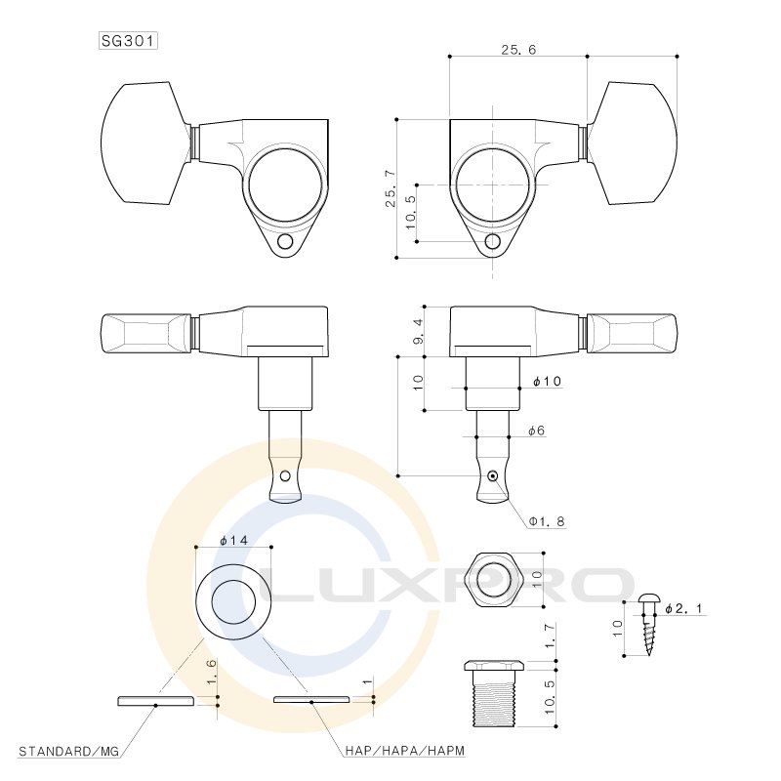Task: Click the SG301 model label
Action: point(129,41)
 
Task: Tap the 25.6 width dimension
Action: point(518,50)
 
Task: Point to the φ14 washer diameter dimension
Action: point(233,541)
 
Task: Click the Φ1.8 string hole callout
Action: point(547,521)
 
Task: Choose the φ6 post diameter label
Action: point(536,431)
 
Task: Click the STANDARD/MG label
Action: point(68,751)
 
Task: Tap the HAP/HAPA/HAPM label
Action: point(404,751)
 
